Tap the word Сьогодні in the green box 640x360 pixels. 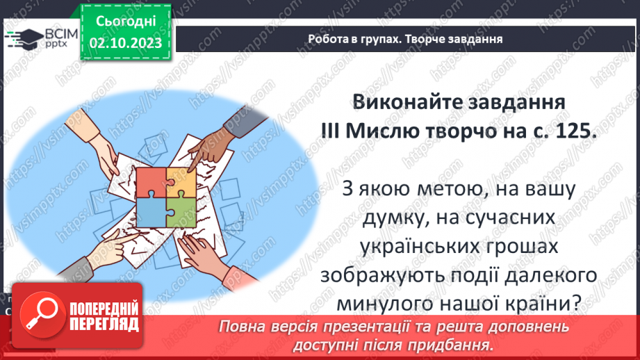(126, 23)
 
